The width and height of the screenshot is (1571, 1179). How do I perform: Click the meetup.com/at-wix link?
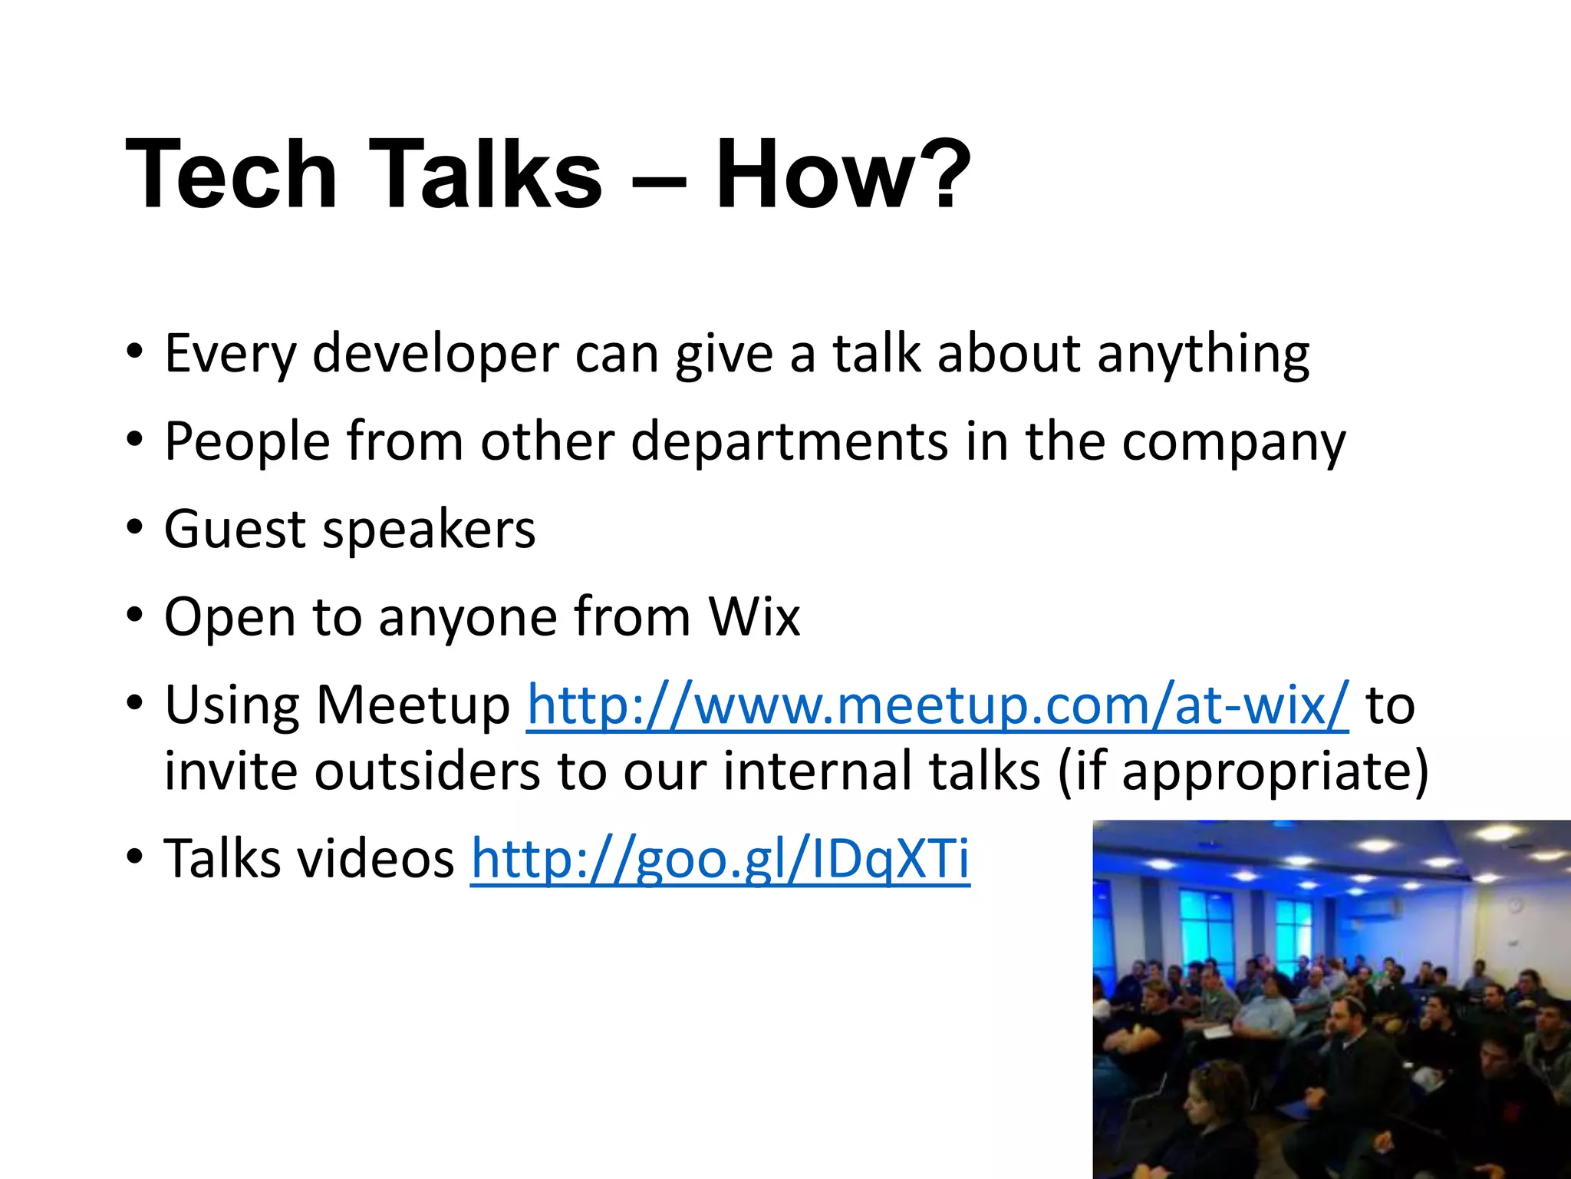(x=937, y=705)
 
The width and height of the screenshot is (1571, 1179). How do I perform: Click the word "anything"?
(x=1203, y=355)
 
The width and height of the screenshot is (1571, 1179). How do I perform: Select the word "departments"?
(x=789, y=442)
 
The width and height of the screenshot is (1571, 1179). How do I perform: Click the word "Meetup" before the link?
(x=413, y=705)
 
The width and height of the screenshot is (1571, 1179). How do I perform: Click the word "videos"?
(x=376, y=858)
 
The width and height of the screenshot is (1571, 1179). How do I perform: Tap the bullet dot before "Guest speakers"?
(x=136, y=530)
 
